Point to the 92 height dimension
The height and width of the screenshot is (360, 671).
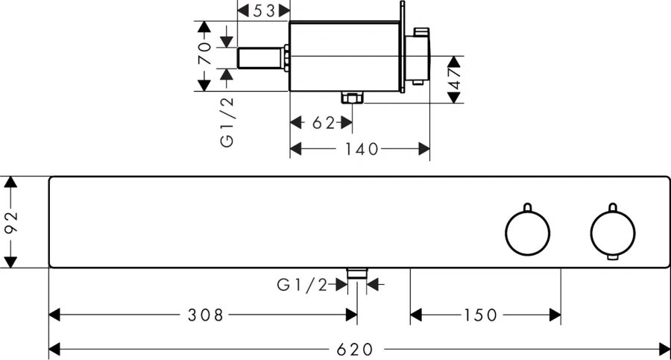coord(11,221)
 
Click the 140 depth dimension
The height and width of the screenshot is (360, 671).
coord(361,149)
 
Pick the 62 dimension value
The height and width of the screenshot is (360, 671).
coord(322,123)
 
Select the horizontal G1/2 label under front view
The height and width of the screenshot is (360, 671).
coord(303,284)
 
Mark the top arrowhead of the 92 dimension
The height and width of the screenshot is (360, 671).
coord(11,181)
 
